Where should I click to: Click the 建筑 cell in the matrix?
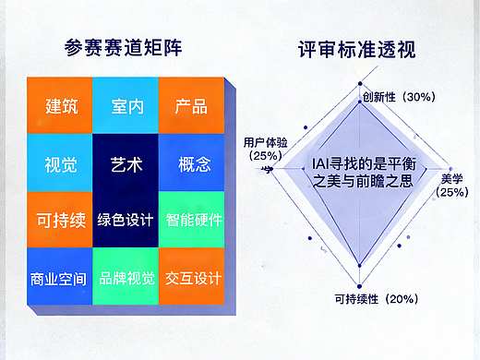pyautogui.click(x=61, y=104)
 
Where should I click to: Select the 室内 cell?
pyautogui.click(x=126, y=104)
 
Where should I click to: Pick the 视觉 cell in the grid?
pyautogui.click(x=61, y=165)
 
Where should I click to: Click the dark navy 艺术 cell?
pyautogui.click(x=126, y=165)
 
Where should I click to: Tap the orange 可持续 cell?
pyautogui.click(x=61, y=221)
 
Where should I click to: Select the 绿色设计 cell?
pyautogui.click(x=126, y=221)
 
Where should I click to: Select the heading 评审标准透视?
pyautogui.click(x=357, y=50)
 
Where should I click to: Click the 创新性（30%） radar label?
pyautogui.click(x=397, y=97)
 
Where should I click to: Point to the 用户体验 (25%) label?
pyautogui.click(x=263, y=150)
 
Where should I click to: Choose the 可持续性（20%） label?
pyautogui.click(x=376, y=298)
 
